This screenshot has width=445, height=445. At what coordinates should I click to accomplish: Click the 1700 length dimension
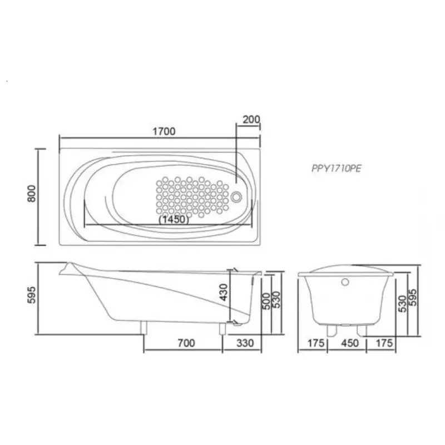[x=164, y=131]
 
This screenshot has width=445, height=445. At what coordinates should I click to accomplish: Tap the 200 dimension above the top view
[x=251, y=120]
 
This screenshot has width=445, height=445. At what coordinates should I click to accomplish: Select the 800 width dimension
[x=32, y=194]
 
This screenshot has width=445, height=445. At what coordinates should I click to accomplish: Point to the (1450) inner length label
[x=174, y=219]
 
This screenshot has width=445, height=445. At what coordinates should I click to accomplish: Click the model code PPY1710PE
[x=337, y=169]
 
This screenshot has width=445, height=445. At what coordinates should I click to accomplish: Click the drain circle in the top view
[x=236, y=197]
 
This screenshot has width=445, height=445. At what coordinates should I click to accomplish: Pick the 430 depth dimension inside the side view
[x=224, y=292]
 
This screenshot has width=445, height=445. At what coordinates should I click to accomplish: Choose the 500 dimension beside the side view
[x=266, y=301]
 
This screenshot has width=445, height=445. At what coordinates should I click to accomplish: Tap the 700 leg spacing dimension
[x=186, y=343]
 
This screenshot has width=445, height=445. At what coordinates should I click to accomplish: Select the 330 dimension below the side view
[x=245, y=343]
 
